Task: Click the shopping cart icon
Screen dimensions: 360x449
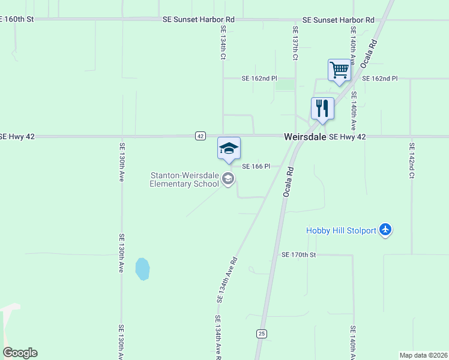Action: [339, 70]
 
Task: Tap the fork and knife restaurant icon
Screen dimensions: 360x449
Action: [322, 109]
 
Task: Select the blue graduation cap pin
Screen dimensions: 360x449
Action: [229, 148]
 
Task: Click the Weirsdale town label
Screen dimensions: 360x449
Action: [305, 137]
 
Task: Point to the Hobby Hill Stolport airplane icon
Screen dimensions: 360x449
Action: [385, 230]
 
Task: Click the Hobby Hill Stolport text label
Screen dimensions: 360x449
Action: [341, 230]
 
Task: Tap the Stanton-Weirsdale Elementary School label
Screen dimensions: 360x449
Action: [185, 179]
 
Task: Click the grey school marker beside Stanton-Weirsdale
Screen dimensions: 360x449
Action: [228, 179]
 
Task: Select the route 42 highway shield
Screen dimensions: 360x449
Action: [200, 136]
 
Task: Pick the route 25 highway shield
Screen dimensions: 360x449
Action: [261, 334]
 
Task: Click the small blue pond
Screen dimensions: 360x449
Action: [142, 269]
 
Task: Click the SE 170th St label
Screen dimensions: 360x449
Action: [298, 255]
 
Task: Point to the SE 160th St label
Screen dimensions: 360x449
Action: [17, 19]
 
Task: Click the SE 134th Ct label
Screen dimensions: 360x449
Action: [223, 42]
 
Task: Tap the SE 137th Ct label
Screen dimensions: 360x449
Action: [295, 43]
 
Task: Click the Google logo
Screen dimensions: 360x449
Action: [20, 353]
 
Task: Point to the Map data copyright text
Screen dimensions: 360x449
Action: [423, 355]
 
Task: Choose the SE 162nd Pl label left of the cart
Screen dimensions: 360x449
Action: [259, 79]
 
